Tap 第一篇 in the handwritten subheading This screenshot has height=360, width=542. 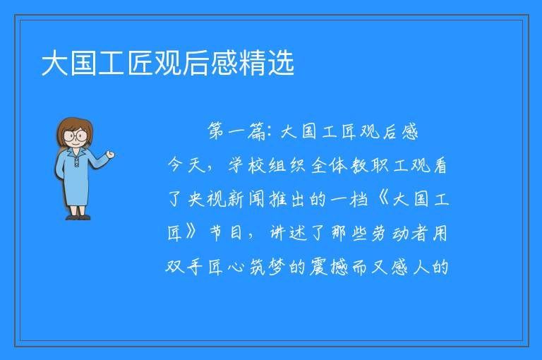coord(236,131)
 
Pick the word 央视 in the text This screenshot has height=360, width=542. coord(206,199)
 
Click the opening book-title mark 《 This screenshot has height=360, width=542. coord(383,199)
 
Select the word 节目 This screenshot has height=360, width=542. coord(226,232)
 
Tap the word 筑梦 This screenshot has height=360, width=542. coord(267,267)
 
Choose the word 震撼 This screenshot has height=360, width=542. coord(329,267)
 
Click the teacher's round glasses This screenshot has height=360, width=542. coord(76,136)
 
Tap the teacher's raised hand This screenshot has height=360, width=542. coord(110,155)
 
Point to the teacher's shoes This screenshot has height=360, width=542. coord(78,217)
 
